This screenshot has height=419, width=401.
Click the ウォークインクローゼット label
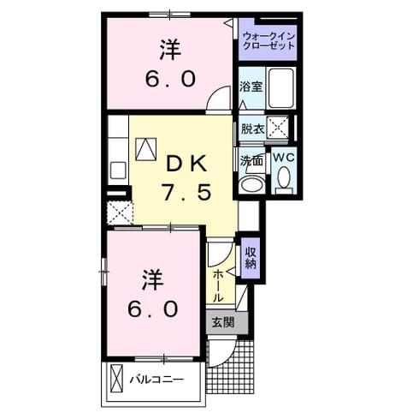268,41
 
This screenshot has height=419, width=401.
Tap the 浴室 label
251,87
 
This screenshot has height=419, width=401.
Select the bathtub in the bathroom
281,87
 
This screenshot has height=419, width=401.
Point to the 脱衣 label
252,129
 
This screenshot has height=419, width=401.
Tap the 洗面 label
251,161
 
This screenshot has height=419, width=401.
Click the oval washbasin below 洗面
252,184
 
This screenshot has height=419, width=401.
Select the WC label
284,158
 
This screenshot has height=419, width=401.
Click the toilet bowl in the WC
283,177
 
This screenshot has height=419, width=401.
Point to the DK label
186,165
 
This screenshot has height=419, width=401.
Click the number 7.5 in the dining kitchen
186,191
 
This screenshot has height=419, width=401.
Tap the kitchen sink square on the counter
118,171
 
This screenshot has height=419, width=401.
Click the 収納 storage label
251,258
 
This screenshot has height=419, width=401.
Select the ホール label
219,286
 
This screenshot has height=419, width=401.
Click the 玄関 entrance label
223,322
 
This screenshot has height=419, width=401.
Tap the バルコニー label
156,380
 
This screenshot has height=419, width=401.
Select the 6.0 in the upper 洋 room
170,79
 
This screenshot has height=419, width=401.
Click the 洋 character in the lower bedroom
152,279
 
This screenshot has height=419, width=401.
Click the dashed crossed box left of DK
121,212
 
